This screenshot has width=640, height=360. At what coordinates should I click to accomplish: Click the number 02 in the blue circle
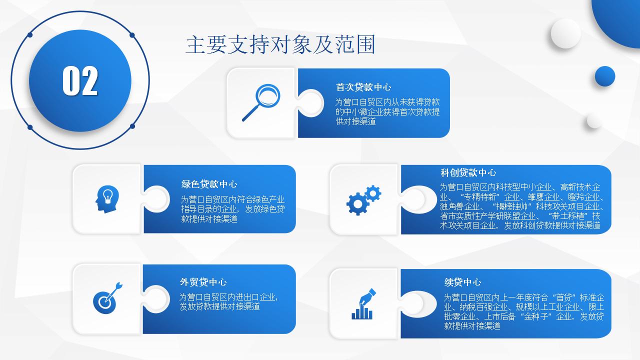click(80, 81)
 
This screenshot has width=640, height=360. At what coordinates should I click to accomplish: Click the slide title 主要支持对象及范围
click(280, 44)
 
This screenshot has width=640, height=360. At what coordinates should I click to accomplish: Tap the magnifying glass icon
click(261, 102)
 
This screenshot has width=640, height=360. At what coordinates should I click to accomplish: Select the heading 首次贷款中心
click(363, 87)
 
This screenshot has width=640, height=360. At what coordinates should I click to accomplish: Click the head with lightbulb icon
click(107, 199)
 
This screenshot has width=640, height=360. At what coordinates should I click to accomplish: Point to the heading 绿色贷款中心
click(209, 184)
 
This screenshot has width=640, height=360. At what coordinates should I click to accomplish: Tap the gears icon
click(363, 200)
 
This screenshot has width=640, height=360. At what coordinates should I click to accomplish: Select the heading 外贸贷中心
click(203, 282)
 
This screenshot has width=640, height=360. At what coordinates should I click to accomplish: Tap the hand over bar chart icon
click(363, 304)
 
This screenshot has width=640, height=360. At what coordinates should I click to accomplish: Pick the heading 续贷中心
click(462, 282)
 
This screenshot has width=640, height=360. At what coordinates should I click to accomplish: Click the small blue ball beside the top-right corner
click(605, 76)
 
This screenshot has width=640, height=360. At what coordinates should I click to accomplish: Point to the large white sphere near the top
click(565, 33)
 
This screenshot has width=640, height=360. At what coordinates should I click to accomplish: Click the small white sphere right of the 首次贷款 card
click(594, 121)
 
